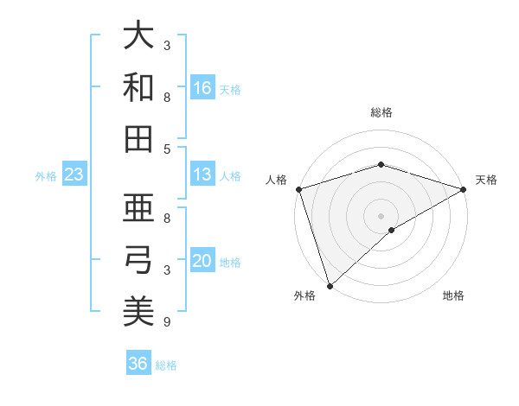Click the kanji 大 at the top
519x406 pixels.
(x=138, y=36)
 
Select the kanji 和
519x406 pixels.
(x=138, y=87)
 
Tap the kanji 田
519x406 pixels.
(x=138, y=138)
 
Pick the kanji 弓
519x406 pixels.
(x=138, y=259)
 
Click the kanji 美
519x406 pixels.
(x=138, y=310)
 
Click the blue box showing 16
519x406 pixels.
(x=202, y=87)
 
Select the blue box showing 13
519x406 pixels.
(x=202, y=174)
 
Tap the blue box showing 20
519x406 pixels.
(x=202, y=261)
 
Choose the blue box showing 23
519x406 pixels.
(x=74, y=174)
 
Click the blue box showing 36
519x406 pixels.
(x=138, y=364)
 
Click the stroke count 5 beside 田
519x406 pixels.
(x=167, y=149)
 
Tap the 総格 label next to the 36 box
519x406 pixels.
(x=166, y=365)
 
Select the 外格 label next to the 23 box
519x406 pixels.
(x=46, y=176)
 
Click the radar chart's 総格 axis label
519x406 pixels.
(x=381, y=112)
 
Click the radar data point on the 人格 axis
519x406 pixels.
(x=298, y=189)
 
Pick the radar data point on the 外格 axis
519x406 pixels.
(x=330, y=285)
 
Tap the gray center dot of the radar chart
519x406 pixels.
(x=381, y=215)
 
